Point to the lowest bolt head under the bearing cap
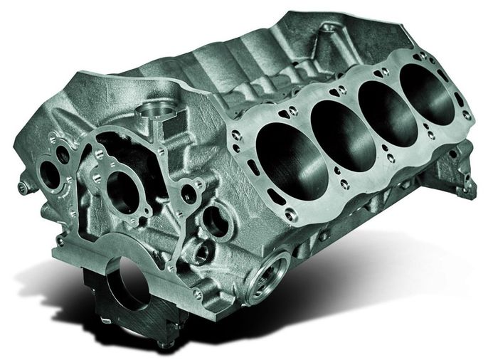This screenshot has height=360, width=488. click(x=164, y=346)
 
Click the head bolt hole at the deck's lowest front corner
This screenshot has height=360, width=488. click(x=290, y=214)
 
